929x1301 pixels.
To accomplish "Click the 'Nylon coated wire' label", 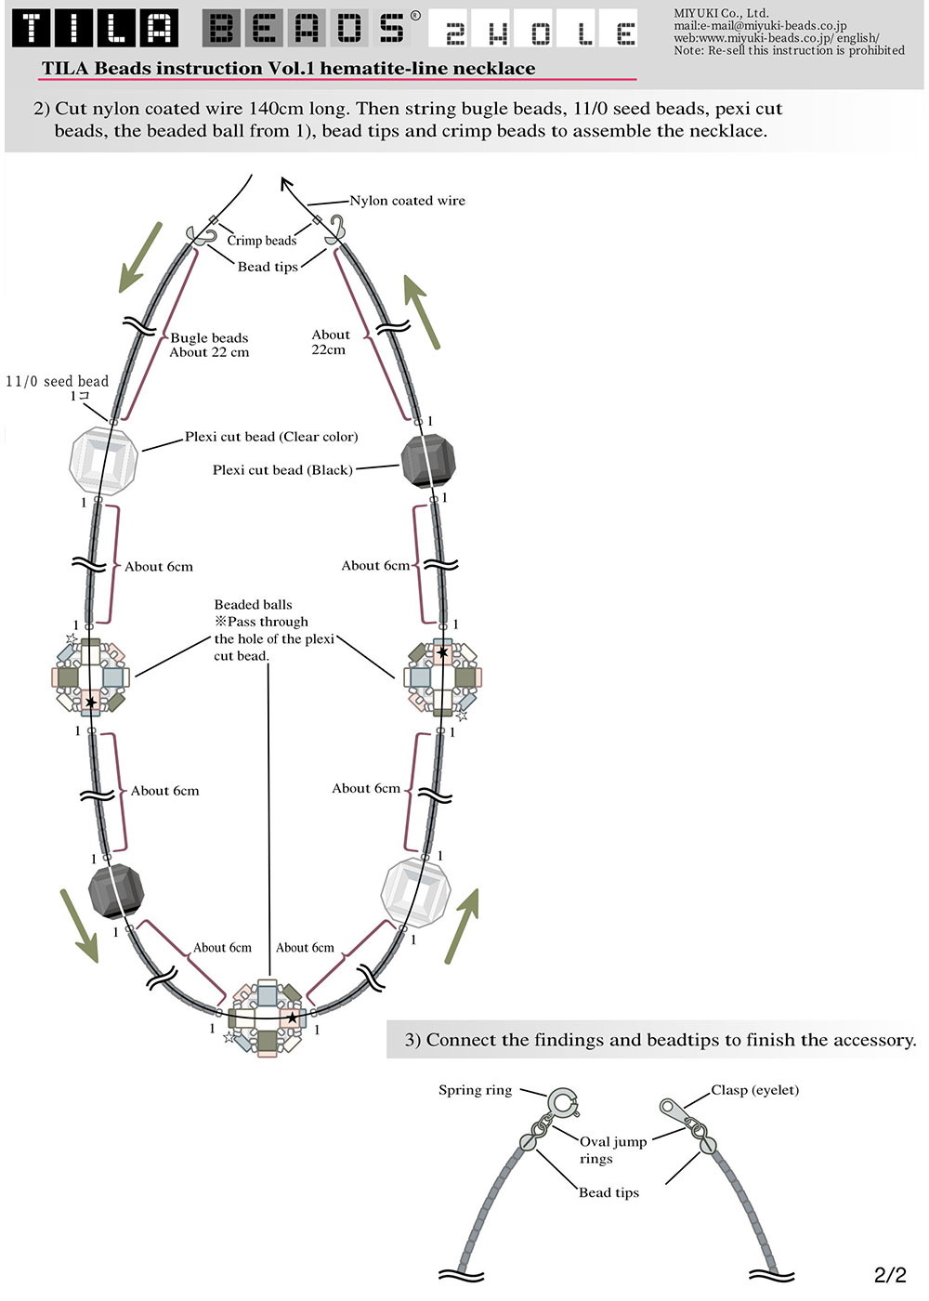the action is tap(407, 201).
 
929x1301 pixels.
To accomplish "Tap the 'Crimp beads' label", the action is tap(261, 241).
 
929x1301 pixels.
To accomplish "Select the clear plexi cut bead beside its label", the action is tap(103, 461).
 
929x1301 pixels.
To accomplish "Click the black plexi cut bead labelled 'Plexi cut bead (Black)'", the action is tap(428, 463).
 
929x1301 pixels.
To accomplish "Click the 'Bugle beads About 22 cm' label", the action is tap(209, 345).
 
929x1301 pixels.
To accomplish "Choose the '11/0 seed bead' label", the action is tap(57, 382).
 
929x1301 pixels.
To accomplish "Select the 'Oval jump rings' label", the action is tap(613, 1150).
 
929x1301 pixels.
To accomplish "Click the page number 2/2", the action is tap(890, 1274).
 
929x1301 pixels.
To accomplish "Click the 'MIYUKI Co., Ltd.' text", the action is tap(721, 13).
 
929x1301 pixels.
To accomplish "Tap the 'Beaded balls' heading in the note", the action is tap(253, 605).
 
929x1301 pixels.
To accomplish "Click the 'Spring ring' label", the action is tap(475, 1090).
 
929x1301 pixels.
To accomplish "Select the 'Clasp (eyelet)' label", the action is tap(754, 1090).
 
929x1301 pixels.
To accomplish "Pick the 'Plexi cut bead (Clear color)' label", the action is tap(271, 437).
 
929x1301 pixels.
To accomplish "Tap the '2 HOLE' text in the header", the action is tap(532, 29).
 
